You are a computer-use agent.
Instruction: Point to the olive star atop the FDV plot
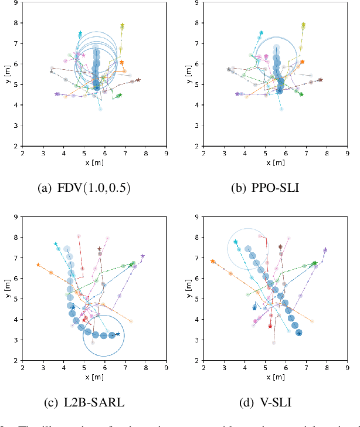coord(123,26)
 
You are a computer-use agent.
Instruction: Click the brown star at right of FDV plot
coord(138,80)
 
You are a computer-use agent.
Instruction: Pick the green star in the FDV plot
coord(120,96)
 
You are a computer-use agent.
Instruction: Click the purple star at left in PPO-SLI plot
coord(237,94)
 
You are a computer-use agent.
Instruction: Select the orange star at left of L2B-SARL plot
coord(38,265)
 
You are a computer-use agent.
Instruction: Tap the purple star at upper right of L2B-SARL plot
coord(142,256)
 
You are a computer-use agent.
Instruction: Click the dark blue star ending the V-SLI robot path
coord(299,333)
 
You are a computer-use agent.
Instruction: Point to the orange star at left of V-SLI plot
coord(212,261)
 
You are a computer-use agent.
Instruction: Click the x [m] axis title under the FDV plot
coord(94,162)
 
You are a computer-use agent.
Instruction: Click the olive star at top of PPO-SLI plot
coord(303,25)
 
